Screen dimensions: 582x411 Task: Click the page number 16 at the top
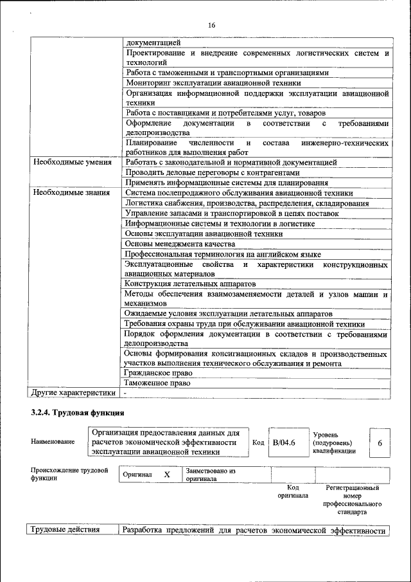(x=211, y=25)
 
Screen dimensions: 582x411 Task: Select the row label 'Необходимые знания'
(x=69, y=192)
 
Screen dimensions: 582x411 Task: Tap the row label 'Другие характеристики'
(x=74, y=392)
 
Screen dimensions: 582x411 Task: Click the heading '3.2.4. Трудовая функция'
(x=77, y=412)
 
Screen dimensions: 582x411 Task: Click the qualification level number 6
(x=380, y=443)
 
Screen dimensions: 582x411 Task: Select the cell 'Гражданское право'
(x=159, y=372)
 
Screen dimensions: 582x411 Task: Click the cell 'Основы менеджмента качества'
(x=180, y=244)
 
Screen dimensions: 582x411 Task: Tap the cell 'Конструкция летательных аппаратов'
(x=191, y=284)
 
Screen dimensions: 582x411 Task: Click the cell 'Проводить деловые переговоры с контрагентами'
(x=213, y=172)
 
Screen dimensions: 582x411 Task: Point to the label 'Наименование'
(x=52, y=441)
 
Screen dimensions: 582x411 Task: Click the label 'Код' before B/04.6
(x=258, y=442)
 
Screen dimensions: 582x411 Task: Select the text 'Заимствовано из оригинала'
(x=211, y=475)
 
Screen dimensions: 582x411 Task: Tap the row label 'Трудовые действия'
(x=64, y=530)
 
